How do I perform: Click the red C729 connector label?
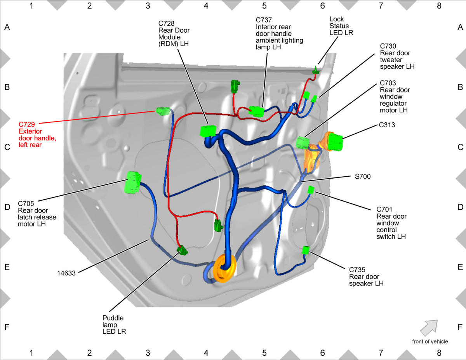[x=37, y=134]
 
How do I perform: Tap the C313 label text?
[x=387, y=125]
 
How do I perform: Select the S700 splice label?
[x=363, y=176]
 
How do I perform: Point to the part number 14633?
[x=66, y=273]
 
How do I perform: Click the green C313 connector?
[x=335, y=142]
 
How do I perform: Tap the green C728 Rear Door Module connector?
[x=208, y=131]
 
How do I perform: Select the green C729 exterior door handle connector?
[x=163, y=111]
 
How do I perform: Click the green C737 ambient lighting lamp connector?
[x=256, y=111]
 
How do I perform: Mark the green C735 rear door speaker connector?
[x=306, y=250]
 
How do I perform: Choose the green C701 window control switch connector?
[x=311, y=190]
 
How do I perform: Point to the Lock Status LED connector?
[x=316, y=70]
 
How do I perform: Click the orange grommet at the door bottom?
[x=224, y=268]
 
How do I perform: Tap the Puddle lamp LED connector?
[x=182, y=250]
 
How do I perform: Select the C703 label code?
[x=388, y=83]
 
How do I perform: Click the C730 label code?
[x=388, y=46]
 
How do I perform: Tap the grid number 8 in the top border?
[x=439, y=6]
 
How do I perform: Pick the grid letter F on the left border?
[x=7, y=327]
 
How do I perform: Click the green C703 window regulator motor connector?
[x=303, y=143]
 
